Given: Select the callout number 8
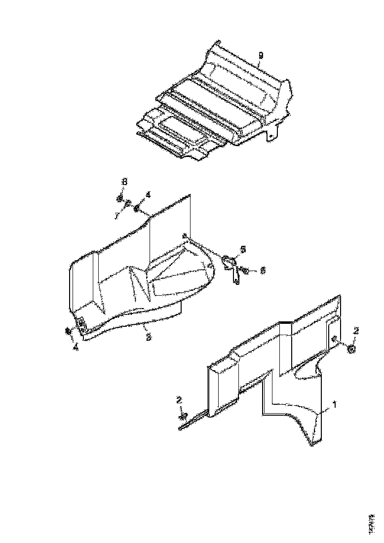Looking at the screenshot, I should [124, 182].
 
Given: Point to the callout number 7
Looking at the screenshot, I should [116, 216].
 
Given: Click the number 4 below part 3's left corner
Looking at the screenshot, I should [75, 348].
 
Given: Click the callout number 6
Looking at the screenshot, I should [263, 270].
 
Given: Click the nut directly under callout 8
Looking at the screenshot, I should [119, 198].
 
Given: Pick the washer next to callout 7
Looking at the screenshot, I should [127, 203].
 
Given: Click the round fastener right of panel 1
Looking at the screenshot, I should [350, 349].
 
